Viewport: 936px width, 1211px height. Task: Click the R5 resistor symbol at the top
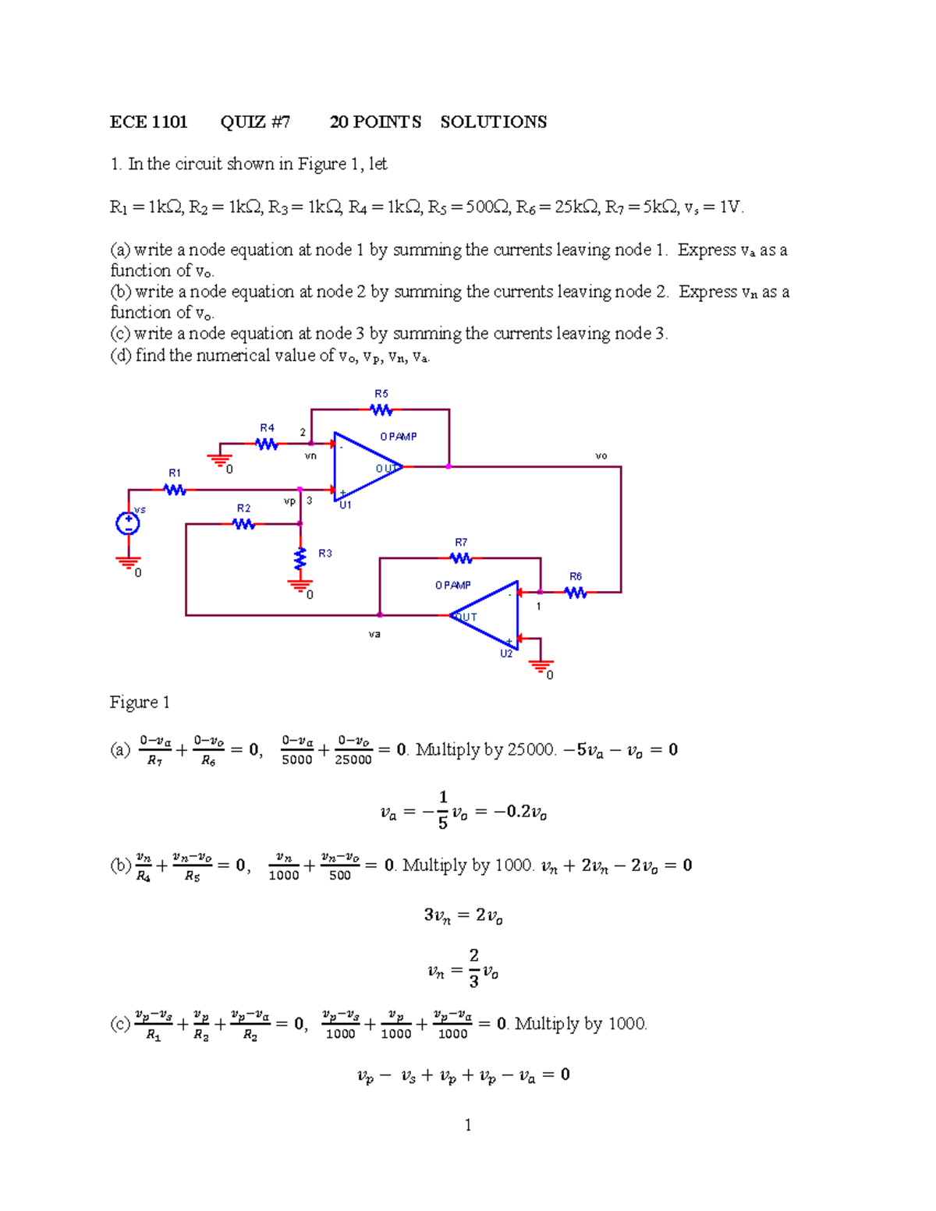tap(381, 409)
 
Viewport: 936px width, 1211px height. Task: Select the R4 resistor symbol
tap(266, 444)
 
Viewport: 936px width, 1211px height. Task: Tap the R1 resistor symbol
tap(175, 490)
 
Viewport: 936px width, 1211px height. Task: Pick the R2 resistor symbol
tap(243, 524)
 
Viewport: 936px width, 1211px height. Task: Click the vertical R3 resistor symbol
tap(300, 558)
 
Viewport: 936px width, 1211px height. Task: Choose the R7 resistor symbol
tap(461, 558)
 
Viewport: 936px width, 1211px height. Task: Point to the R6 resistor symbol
tap(576, 593)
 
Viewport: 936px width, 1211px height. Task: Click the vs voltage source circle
tap(128, 523)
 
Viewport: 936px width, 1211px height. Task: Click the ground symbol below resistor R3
tap(300, 585)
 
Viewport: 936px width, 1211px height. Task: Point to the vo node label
tap(601, 456)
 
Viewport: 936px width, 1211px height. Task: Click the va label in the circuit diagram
tap(374, 635)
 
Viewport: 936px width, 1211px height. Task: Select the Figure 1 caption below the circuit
tap(140, 702)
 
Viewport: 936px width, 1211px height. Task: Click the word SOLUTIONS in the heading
tap(493, 122)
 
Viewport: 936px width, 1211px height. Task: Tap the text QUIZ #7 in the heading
tap(255, 122)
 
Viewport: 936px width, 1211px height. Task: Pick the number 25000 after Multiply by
tap(530, 750)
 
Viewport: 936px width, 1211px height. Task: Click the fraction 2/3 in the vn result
tap(473, 968)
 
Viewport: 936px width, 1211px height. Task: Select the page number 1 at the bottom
tap(467, 1124)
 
